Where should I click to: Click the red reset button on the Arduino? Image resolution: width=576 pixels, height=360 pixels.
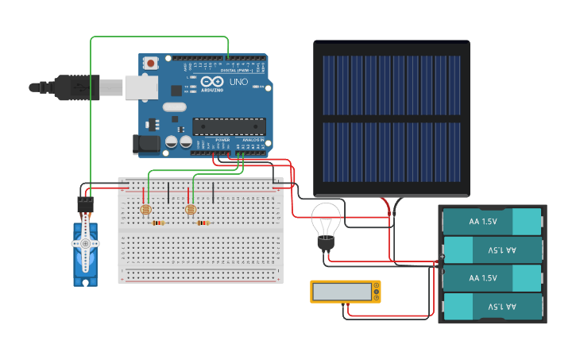pos(150,61)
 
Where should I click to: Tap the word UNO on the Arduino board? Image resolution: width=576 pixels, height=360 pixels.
pos(238,82)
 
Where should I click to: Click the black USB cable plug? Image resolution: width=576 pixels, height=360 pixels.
pos(75,86)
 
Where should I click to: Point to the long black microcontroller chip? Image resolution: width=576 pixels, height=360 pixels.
pos(230,126)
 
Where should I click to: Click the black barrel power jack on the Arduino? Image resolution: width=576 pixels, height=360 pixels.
pos(148,144)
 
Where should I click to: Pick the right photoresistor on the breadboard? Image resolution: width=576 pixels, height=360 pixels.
pos(190,210)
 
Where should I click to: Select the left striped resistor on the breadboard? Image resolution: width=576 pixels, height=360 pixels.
pos(158,223)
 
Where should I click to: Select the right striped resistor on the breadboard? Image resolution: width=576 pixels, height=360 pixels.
pos(203,223)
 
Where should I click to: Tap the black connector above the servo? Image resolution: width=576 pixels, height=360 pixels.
pos(85,204)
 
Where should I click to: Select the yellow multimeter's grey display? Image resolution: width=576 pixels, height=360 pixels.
pos(342,292)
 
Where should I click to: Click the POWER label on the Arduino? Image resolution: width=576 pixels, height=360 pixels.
pos(223,141)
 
